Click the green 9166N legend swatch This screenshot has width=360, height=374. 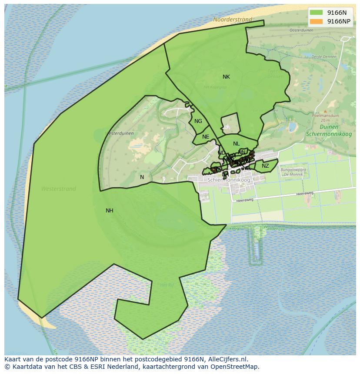pyautogui.click(x=316, y=13)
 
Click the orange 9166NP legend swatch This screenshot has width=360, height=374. pyautogui.click(x=316, y=21)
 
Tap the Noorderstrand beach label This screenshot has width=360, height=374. pyautogui.click(x=233, y=20)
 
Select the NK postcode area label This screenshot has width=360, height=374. pyautogui.click(x=226, y=77)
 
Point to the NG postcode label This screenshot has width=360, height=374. pyautogui.click(x=198, y=121)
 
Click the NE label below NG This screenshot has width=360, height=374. pyautogui.click(x=206, y=137)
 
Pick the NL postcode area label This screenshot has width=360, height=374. pyautogui.click(x=236, y=144)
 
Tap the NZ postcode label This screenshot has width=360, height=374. pyautogui.click(x=265, y=166)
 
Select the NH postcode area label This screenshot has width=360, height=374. pyautogui.click(x=110, y=211)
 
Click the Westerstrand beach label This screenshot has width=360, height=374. pyautogui.click(x=59, y=189)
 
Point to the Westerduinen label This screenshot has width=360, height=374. pyautogui.click(x=120, y=133)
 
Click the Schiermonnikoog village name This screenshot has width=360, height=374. pyautogui.click(x=229, y=180)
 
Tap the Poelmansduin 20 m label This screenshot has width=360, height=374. pyautogui.click(x=325, y=118)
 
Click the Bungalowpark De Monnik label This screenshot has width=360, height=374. pyautogui.click(x=293, y=172)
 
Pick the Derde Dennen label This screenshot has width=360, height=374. pyautogui.click(x=324, y=56)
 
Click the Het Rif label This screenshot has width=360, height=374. pyautogui.click(x=167, y=285)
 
